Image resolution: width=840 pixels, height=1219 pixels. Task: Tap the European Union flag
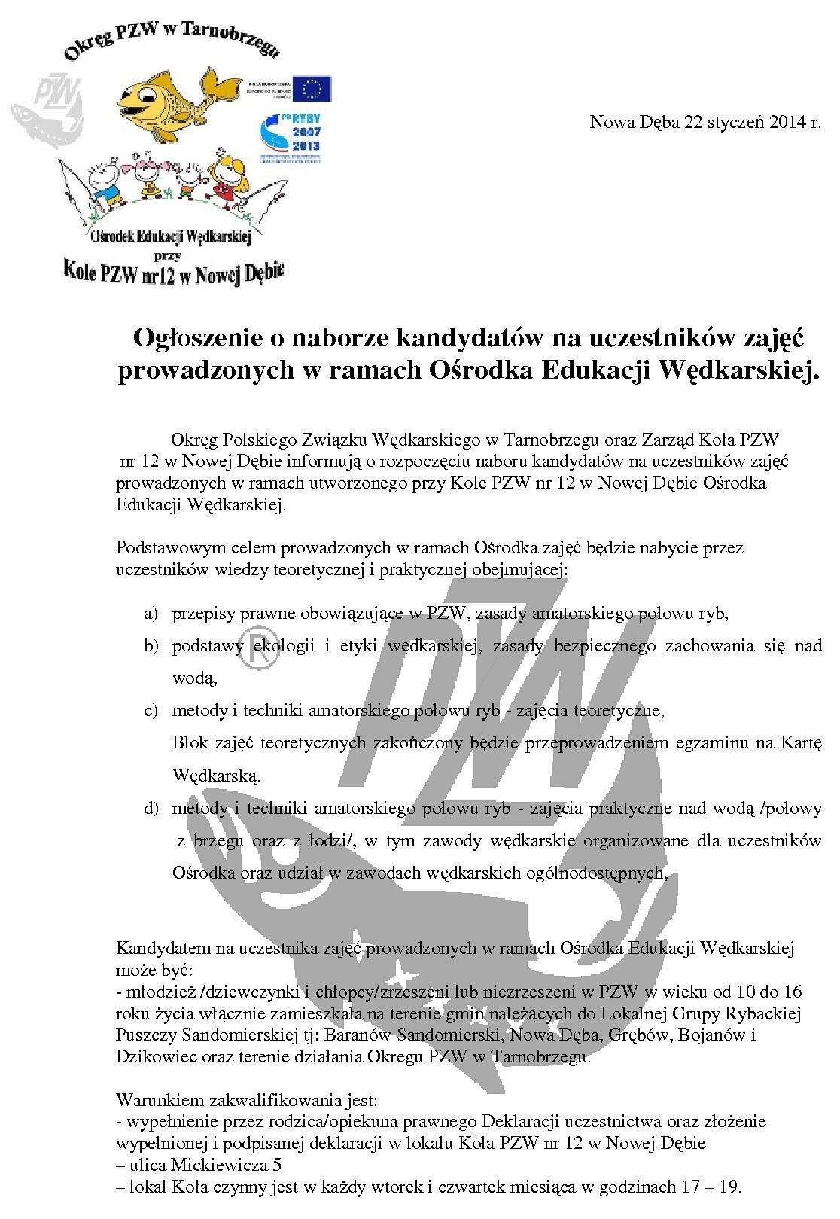click(x=312, y=88)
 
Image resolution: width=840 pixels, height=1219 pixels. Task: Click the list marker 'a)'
click(x=151, y=613)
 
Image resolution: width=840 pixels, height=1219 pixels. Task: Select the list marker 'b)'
click(x=151, y=645)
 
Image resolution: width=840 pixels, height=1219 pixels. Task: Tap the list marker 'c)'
click(x=151, y=710)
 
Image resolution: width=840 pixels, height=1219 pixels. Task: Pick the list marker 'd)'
click(x=151, y=809)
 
